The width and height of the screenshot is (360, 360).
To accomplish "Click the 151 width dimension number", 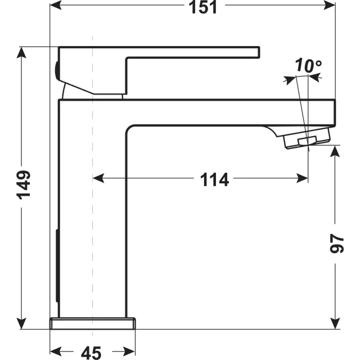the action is click(x=202, y=7).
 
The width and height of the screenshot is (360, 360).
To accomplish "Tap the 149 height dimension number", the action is click(x=24, y=185).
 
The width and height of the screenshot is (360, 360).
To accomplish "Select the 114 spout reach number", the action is click(x=214, y=179).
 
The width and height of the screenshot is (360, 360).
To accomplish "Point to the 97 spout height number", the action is click(x=336, y=244).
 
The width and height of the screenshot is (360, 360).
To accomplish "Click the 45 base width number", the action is click(x=91, y=353).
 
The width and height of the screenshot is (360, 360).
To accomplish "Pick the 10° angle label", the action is click(x=308, y=65).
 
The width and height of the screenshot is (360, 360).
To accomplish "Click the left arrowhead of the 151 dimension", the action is click(x=56, y=5).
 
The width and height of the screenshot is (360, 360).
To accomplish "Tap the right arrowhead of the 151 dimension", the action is click(x=329, y=5).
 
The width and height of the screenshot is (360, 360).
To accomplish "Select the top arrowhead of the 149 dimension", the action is click(x=21, y=52).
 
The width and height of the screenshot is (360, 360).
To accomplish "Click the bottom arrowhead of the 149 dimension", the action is click(x=21, y=323).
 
